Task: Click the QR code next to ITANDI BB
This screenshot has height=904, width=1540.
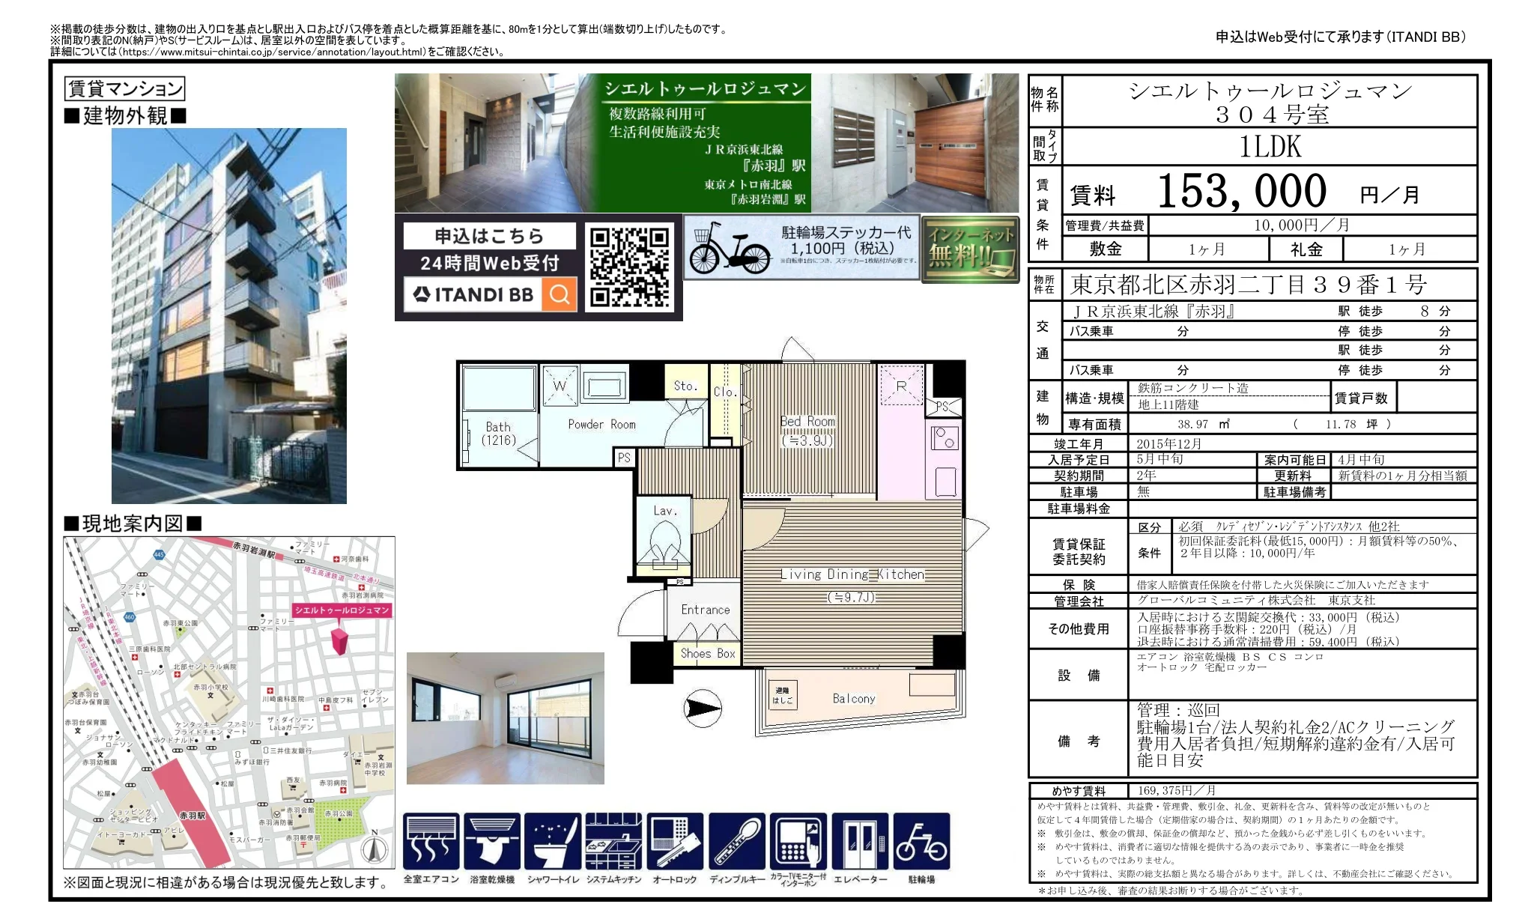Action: (629, 267)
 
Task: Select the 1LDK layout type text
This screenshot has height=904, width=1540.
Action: (1270, 147)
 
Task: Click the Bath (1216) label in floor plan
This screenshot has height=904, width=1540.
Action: (498, 433)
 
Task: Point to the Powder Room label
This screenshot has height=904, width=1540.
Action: (601, 424)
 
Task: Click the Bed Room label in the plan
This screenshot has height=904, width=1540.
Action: (807, 422)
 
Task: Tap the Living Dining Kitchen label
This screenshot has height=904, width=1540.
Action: (852, 574)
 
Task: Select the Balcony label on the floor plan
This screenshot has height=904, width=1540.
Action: (853, 699)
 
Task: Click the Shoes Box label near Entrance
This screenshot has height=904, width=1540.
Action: (708, 653)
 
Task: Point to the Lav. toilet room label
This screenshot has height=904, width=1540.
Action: (664, 511)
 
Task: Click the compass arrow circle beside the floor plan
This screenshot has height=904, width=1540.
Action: (703, 709)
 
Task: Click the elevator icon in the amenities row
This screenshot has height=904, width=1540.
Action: (860, 842)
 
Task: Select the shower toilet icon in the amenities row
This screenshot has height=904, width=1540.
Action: (554, 842)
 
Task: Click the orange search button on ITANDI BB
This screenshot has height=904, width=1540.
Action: (559, 294)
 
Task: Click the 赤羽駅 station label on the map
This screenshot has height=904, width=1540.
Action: (192, 815)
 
